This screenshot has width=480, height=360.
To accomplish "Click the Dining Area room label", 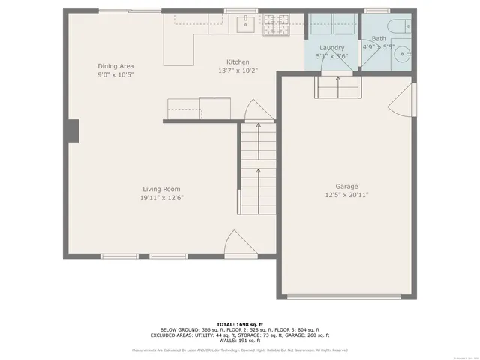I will click(115, 66).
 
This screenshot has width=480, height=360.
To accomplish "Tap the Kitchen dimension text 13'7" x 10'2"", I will click(238, 71).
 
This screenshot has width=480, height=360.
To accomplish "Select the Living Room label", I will click(162, 189).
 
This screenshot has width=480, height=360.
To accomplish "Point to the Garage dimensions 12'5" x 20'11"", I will click(346, 195).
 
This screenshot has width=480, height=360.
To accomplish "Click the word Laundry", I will click(331, 47).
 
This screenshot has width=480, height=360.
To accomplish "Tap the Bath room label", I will click(379, 38).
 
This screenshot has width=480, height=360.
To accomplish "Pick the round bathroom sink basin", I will click(402, 54).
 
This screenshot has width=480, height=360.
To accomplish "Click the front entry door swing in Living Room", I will click(238, 244).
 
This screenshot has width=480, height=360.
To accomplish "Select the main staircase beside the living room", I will click(258, 169).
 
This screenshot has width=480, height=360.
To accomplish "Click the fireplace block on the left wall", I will click(73, 131).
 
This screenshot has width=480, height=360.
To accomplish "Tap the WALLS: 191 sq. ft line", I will click(239, 340).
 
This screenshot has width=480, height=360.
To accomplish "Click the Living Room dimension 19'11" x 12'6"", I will click(162, 198).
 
